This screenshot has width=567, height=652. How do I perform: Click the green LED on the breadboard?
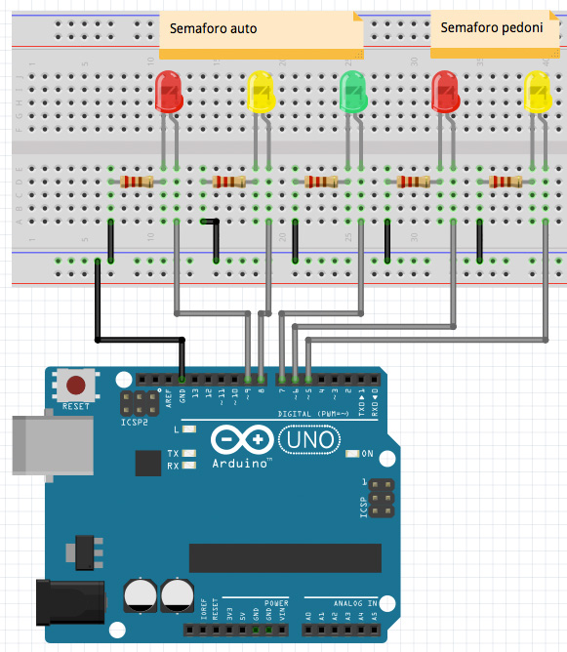351,92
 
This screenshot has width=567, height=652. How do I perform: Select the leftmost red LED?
168,92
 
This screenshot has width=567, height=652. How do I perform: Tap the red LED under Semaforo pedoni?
445,92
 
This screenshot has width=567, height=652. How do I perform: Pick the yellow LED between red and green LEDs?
260,92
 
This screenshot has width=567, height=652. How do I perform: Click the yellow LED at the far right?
539,92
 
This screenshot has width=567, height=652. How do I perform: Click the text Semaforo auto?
213,29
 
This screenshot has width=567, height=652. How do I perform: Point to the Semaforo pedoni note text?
492,28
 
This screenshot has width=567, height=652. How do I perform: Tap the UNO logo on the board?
310,442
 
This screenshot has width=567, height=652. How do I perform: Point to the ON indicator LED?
353,454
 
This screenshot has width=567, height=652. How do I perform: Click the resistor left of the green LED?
321,181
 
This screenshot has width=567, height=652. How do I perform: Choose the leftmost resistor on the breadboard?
136,181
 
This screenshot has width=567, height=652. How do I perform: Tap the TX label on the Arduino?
173,454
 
